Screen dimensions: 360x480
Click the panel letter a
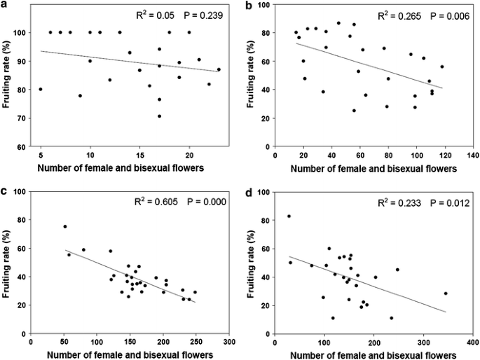[5, 5]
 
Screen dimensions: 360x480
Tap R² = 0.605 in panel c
[135, 202]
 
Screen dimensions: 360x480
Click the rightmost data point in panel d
[446, 293]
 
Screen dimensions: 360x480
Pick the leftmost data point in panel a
[41, 89]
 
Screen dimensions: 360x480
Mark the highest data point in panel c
[65, 226]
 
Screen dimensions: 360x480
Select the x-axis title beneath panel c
[130, 354]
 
